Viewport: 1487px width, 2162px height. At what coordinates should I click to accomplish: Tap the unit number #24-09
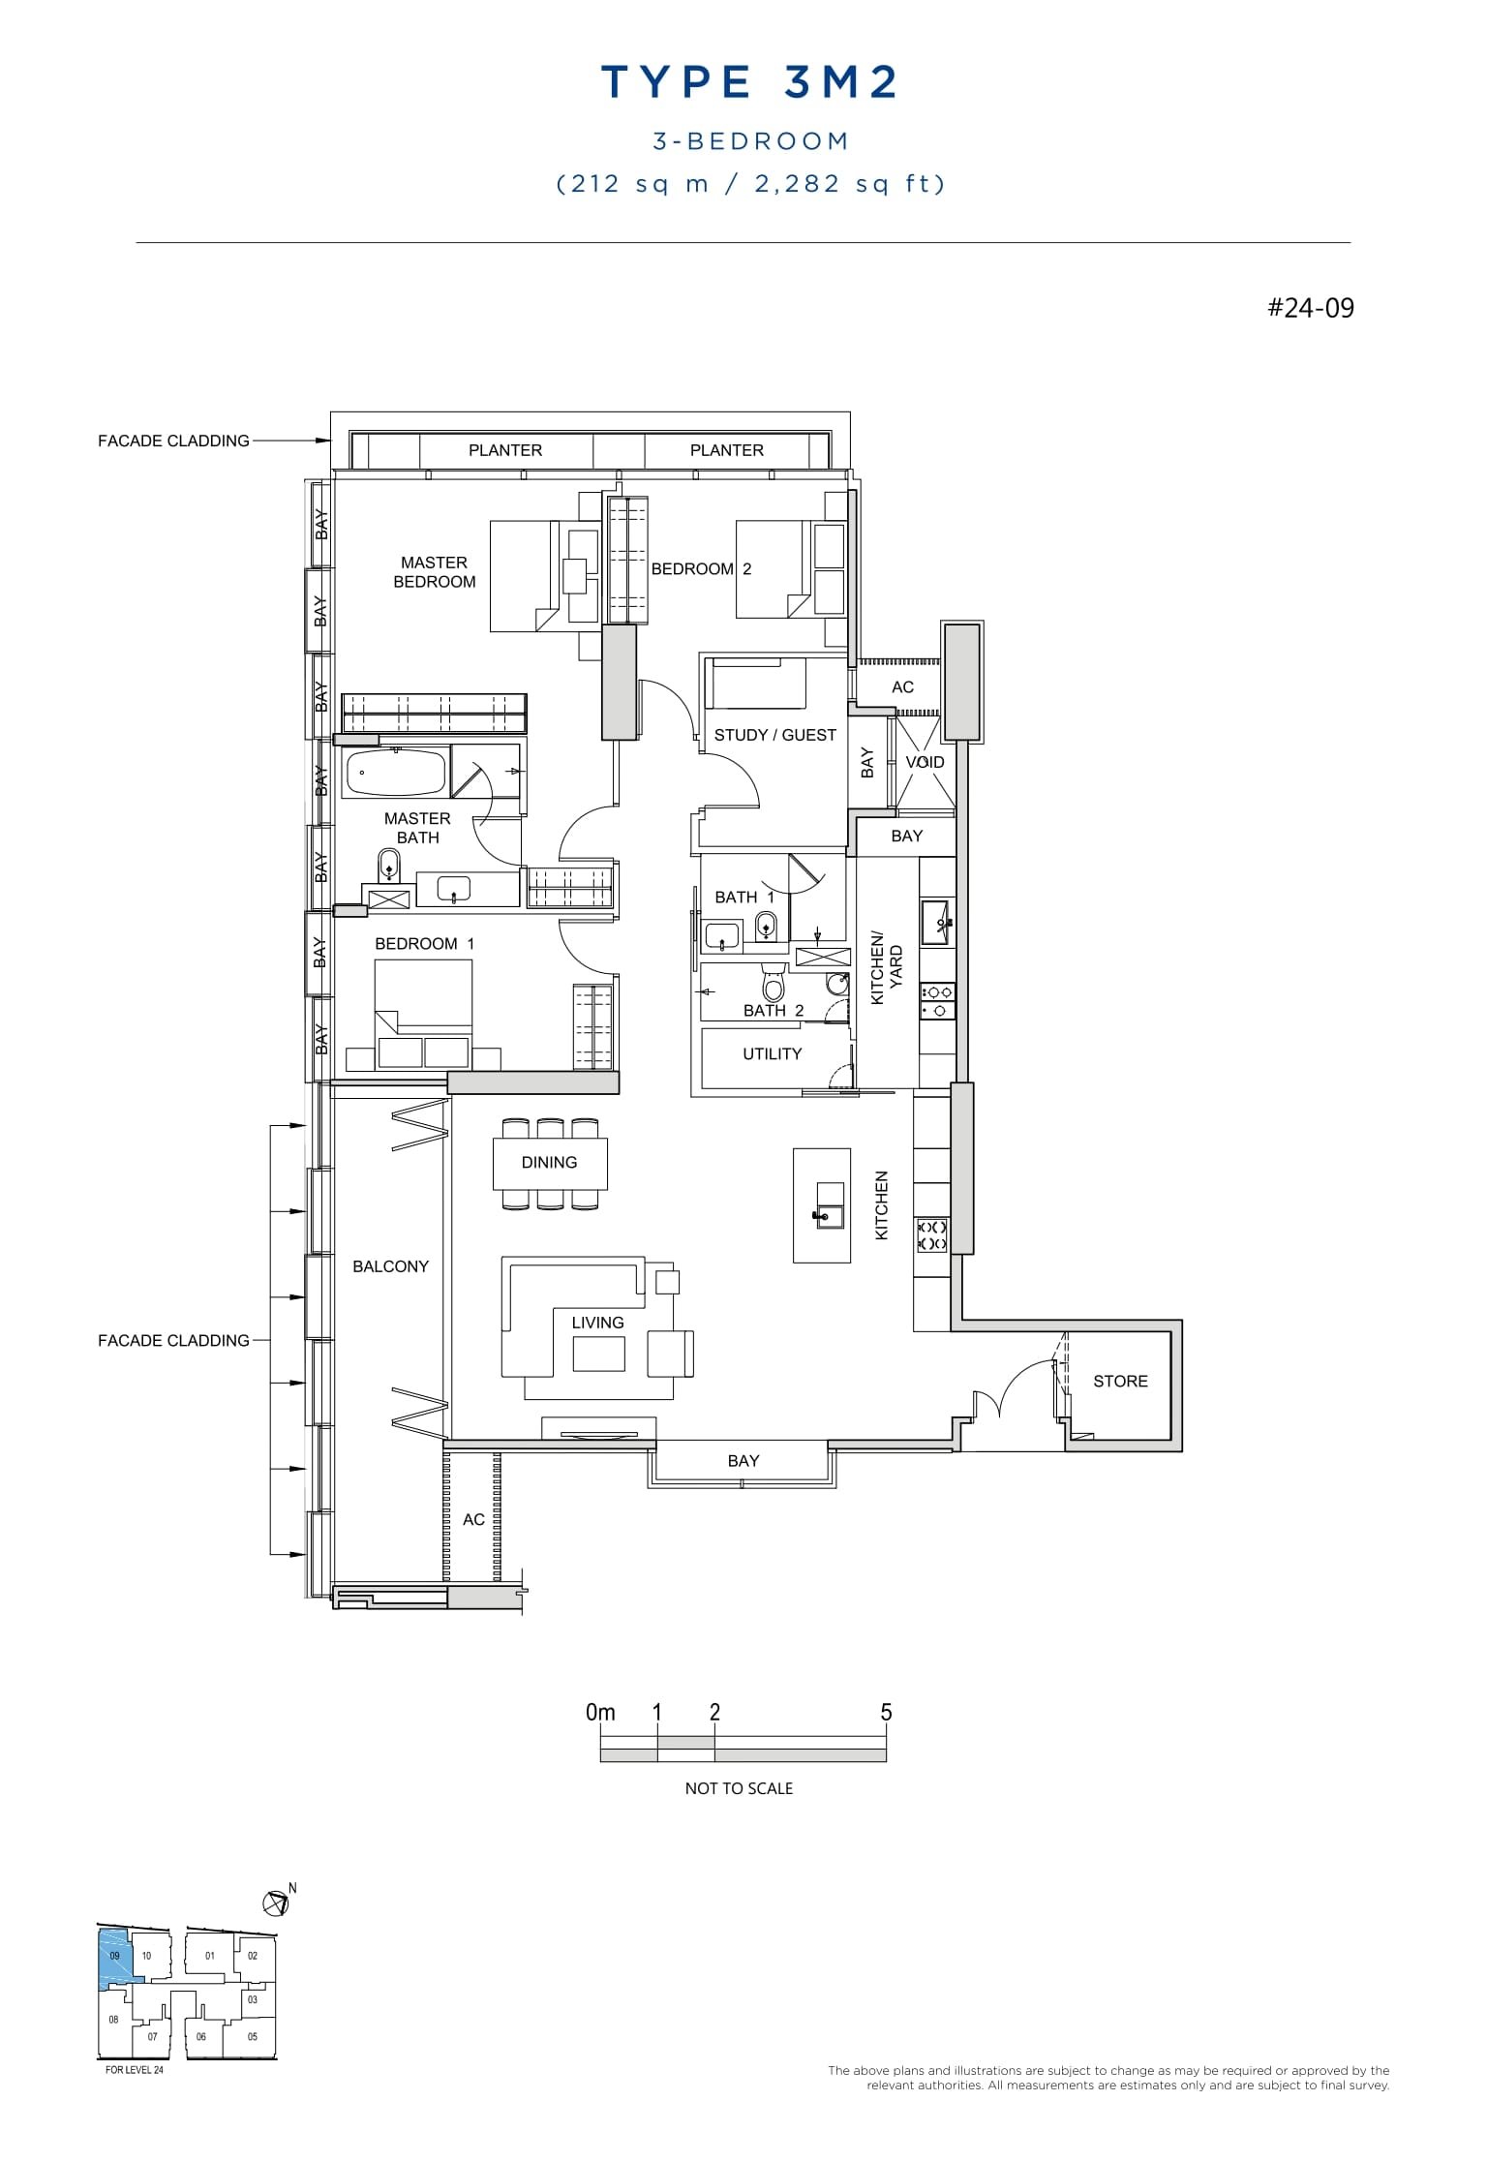1311,308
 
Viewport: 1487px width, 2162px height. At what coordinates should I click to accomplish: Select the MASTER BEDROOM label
434,572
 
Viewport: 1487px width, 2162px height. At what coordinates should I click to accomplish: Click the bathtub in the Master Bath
395,773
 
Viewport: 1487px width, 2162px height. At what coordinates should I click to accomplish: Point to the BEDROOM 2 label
701,569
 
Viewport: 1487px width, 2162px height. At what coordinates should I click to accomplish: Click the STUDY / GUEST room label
774,735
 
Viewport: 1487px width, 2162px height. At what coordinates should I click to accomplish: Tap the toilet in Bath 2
773,984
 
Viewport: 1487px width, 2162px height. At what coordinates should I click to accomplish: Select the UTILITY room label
772,1053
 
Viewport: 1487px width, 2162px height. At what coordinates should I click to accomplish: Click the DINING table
549,1163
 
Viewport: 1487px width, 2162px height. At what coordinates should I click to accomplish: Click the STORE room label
1120,1381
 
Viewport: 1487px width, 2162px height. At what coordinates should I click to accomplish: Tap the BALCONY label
390,1266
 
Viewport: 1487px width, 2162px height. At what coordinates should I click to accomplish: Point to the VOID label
925,762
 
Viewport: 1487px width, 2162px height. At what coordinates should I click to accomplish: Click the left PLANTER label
504,450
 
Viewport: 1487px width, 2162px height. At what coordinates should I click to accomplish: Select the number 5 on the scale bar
886,1712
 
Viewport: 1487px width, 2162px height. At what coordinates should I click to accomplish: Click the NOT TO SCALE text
739,1788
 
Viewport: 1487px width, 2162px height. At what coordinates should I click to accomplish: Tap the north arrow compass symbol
276,1903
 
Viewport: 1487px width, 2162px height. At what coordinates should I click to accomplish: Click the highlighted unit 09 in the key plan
114,1956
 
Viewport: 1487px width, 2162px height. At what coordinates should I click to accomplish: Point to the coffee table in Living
598,1354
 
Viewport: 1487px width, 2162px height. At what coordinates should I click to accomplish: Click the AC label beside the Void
902,687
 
